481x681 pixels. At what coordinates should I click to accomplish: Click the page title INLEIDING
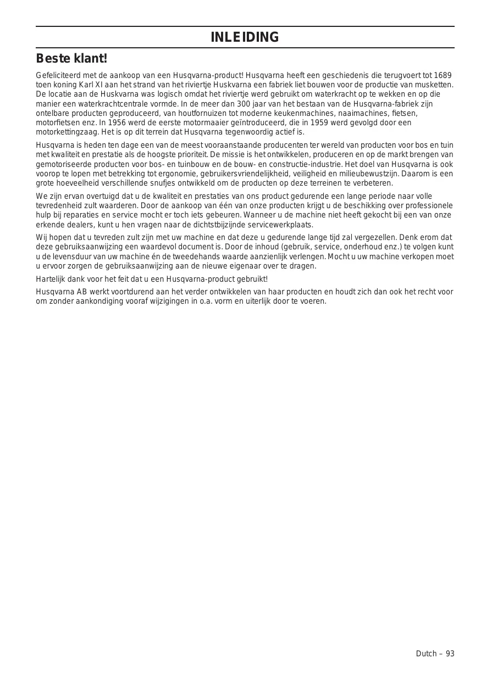(x=245, y=37)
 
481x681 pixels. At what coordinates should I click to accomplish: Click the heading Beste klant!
(x=71, y=58)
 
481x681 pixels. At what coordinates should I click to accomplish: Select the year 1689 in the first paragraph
(x=443, y=75)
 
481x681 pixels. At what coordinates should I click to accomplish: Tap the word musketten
(x=436, y=85)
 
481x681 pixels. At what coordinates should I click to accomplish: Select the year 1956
(x=117, y=122)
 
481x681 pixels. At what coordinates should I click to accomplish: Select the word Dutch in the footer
(x=426, y=654)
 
